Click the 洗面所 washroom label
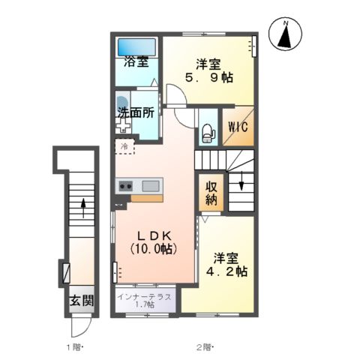coord(136,114)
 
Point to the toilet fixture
coord(207,133)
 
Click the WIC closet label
coord(233,127)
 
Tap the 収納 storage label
coord(208,193)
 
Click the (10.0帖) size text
coord(153,248)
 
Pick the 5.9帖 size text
coord(208,76)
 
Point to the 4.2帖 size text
coord(228,271)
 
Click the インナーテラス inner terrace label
coord(145,297)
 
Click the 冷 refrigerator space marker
coord(122,148)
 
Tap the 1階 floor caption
coord(73,346)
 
